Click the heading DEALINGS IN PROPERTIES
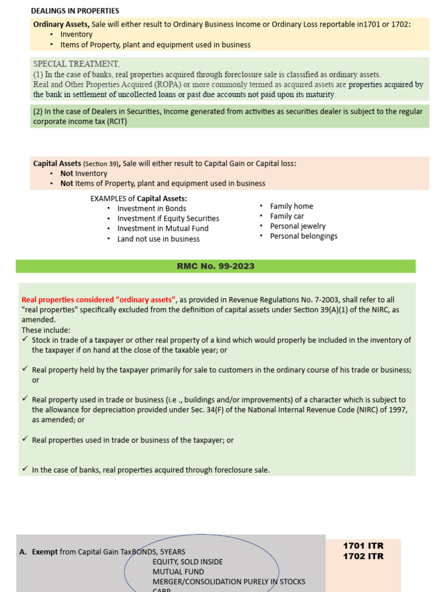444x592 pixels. click(75, 10)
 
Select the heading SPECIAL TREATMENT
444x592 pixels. click(76, 64)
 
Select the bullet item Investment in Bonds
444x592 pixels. click(151, 209)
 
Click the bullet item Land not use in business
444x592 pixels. click(158, 239)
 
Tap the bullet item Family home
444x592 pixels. click(291, 206)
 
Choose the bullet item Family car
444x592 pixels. click(287, 216)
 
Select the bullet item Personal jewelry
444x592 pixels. click(298, 226)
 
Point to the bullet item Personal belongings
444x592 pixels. click(304, 236)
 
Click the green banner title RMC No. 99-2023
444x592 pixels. click(215, 266)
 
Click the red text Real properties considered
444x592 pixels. click(98, 299)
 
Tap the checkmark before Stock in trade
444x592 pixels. click(25, 339)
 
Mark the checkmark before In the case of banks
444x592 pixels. click(25, 469)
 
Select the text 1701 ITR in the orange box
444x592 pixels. click(363, 546)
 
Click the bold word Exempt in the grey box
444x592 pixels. click(45, 552)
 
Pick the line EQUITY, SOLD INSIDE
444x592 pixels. click(187, 562)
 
